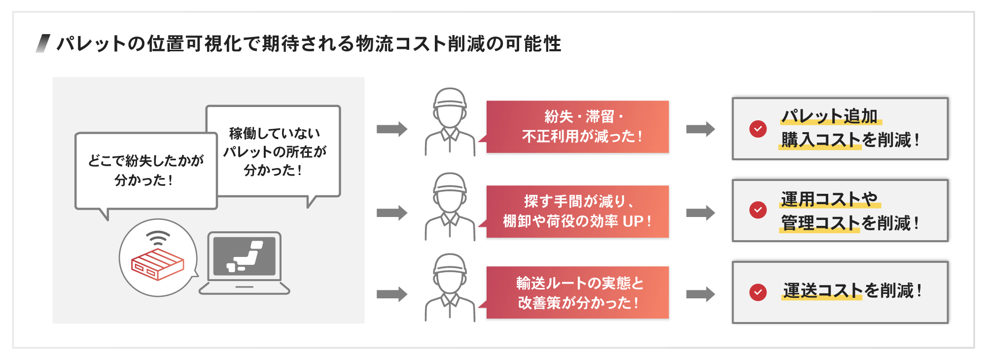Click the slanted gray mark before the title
point(43,43)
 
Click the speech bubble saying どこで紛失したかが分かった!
point(146,171)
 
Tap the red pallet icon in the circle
point(157,264)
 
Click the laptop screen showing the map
point(245,256)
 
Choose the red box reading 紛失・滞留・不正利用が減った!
point(577,127)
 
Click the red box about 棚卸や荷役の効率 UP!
point(577,212)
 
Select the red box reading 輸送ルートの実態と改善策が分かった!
point(577,292)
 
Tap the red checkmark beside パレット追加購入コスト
point(758,129)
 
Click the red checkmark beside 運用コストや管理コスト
point(758,210)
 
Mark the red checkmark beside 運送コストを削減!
point(758,292)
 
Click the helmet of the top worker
point(450,98)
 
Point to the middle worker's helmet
point(450,183)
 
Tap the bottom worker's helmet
point(450,264)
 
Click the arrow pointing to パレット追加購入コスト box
point(700,129)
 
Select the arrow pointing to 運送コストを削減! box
point(700,294)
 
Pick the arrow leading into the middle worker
point(392,213)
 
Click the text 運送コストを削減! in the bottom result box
point(852,291)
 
